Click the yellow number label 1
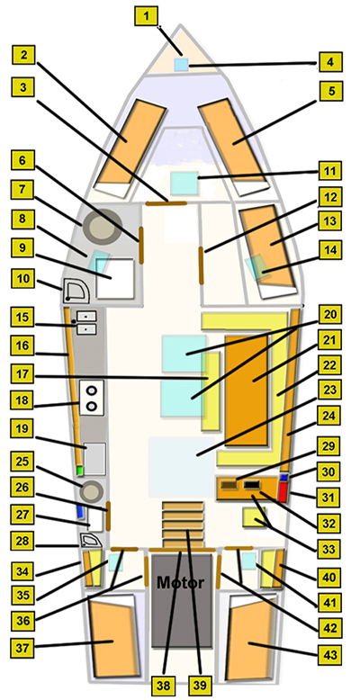coord(146,17)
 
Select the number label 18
coord(22,400)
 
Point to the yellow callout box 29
coord(329,447)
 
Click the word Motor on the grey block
coord(180,583)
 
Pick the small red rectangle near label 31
coord(283,491)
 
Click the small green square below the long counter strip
coord(80,470)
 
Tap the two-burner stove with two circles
coord(92,399)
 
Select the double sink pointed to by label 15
coord(86,323)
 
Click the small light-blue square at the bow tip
coord(181,65)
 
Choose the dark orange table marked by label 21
coord(247,390)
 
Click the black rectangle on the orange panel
coord(253,485)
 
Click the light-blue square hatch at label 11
coord(184,183)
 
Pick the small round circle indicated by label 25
coord(91,492)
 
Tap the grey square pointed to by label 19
coord(94,459)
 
